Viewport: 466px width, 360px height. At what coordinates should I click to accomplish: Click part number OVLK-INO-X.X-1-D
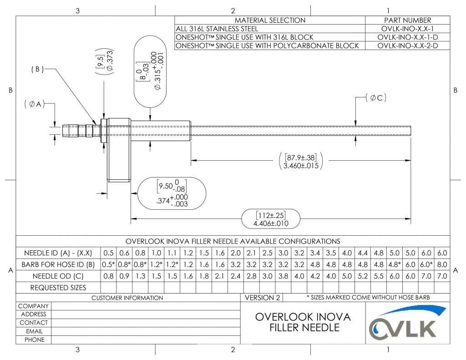(x=407, y=37)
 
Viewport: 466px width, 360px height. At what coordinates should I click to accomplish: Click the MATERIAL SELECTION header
(x=270, y=20)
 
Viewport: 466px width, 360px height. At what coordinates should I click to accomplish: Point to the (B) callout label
(x=37, y=70)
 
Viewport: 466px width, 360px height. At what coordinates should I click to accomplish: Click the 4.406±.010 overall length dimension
(x=271, y=223)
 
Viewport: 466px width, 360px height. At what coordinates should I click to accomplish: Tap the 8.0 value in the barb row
(x=442, y=264)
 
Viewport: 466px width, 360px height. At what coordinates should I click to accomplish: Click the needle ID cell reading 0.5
(x=110, y=253)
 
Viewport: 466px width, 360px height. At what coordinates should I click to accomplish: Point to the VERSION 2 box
(x=263, y=298)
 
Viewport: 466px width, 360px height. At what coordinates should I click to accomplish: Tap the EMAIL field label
(x=34, y=331)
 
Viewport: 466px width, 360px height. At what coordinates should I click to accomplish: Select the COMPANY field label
(x=34, y=306)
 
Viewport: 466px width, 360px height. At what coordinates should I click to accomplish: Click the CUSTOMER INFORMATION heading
(x=127, y=298)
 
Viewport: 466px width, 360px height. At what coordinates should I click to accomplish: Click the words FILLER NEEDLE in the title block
(x=303, y=328)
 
